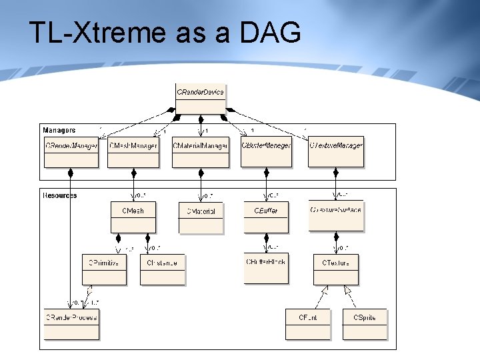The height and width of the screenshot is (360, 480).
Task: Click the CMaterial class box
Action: click(x=201, y=217)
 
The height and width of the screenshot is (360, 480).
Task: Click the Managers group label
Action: click(x=59, y=130)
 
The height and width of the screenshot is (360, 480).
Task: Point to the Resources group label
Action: click(x=60, y=195)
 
